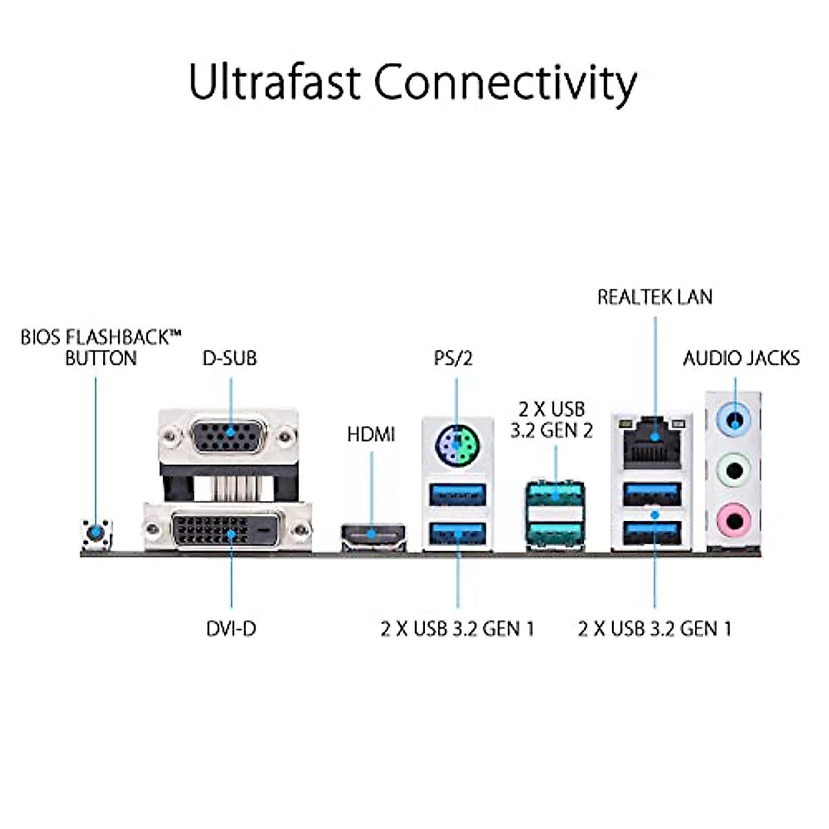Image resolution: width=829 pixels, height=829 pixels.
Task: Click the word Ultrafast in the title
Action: click(x=274, y=82)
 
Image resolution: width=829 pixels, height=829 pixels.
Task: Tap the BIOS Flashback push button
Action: click(x=95, y=533)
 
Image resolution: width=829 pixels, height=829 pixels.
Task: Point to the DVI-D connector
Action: click(x=228, y=531)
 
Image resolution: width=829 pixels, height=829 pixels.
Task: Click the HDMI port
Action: click(x=373, y=534)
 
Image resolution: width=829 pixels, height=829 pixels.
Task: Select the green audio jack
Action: click(x=734, y=470)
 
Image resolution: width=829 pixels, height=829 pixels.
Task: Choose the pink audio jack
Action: click(x=734, y=516)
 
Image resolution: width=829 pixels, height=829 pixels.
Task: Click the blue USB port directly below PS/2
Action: click(x=457, y=495)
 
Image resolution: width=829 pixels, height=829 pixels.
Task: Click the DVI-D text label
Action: click(x=231, y=629)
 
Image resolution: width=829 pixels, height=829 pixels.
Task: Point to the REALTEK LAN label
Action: click(x=654, y=297)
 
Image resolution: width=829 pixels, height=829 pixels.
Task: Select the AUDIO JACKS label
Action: click(x=741, y=358)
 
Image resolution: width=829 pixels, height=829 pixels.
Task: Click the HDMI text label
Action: click(x=371, y=435)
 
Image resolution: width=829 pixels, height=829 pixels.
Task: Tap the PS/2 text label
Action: click(x=453, y=358)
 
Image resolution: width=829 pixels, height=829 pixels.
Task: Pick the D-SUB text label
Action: click(x=229, y=358)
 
